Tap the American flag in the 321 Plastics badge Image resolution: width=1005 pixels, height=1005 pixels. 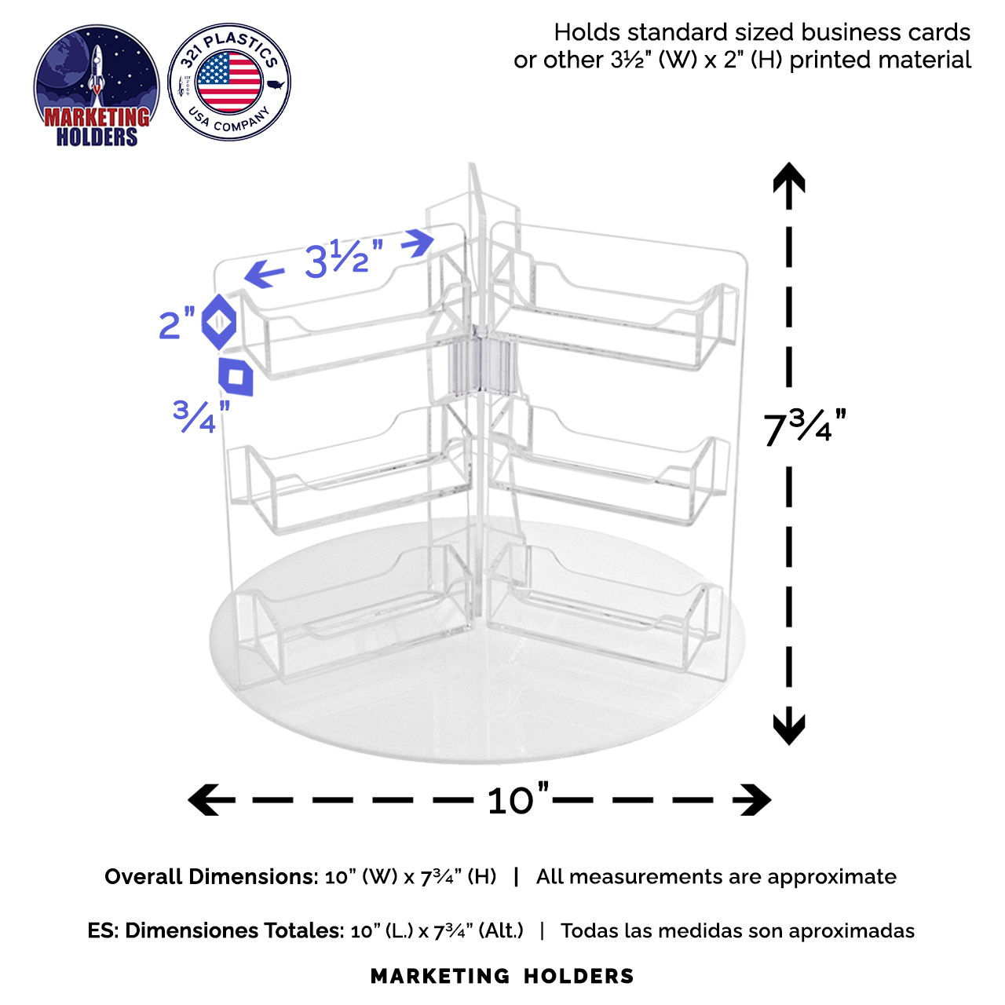pyautogui.click(x=229, y=82)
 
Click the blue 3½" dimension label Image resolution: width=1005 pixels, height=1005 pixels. pyautogui.click(x=344, y=259)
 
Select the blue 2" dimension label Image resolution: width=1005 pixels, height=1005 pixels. pyautogui.click(x=177, y=323)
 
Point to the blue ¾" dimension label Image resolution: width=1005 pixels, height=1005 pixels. pyautogui.click(x=201, y=415)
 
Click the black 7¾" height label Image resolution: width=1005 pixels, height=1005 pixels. pyautogui.click(x=805, y=427)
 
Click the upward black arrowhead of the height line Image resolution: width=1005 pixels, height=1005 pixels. pyautogui.click(x=789, y=177)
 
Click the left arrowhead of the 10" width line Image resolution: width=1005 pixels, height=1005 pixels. pyautogui.click(x=203, y=799)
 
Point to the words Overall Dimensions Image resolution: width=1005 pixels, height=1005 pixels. pyautogui.click(x=211, y=877)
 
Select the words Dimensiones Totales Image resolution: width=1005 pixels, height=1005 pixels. pyautogui.click(x=234, y=930)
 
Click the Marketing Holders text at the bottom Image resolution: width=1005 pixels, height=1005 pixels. pyautogui.click(x=502, y=976)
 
